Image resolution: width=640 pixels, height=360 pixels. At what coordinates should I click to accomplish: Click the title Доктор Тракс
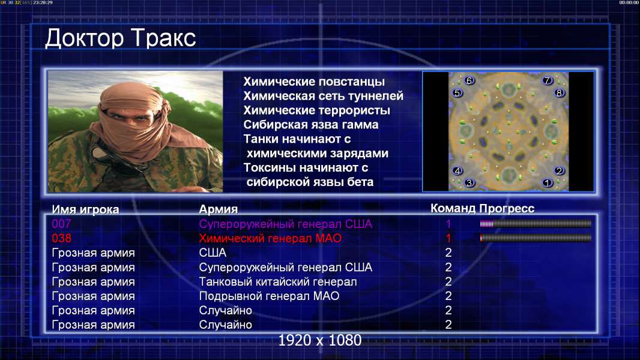[x=121, y=39]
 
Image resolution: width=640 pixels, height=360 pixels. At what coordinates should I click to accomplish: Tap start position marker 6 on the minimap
[x=469, y=80]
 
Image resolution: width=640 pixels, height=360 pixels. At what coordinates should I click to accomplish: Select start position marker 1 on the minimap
[x=548, y=182]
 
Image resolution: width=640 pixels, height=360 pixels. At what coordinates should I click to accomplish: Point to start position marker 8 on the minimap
[x=559, y=92]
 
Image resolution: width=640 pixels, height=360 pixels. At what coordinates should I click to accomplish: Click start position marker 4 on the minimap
[x=457, y=170]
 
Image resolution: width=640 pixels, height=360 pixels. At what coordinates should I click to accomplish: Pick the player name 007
[x=61, y=224]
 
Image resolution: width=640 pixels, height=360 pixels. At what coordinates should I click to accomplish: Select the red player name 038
[x=61, y=238]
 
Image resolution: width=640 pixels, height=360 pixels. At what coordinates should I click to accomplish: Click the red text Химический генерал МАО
[x=270, y=238]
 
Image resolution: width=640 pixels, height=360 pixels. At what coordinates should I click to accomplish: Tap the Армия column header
[x=218, y=209]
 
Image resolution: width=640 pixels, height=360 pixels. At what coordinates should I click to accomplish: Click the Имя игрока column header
[x=85, y=209]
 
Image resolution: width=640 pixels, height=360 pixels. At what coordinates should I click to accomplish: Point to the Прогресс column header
[x=507, y=208]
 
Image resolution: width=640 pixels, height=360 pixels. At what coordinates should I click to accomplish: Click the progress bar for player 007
[x=536, y=223]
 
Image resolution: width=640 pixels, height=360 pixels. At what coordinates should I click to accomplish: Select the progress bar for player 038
[x=536, y=238]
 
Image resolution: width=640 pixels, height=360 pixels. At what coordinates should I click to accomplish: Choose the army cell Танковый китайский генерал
[x=278, y=282]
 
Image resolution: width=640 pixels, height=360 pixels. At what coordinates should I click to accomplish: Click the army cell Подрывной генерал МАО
[x=269, y=296]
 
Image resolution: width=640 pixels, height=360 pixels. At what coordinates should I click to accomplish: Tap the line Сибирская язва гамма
[x=310, y=125]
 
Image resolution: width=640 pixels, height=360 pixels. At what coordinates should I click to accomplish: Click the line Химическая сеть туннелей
[x=323, y=96]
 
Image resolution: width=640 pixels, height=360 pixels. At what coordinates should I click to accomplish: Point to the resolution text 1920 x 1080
[x=320, y=340]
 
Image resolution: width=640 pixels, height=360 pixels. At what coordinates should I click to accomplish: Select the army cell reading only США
[x=213, y=253]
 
